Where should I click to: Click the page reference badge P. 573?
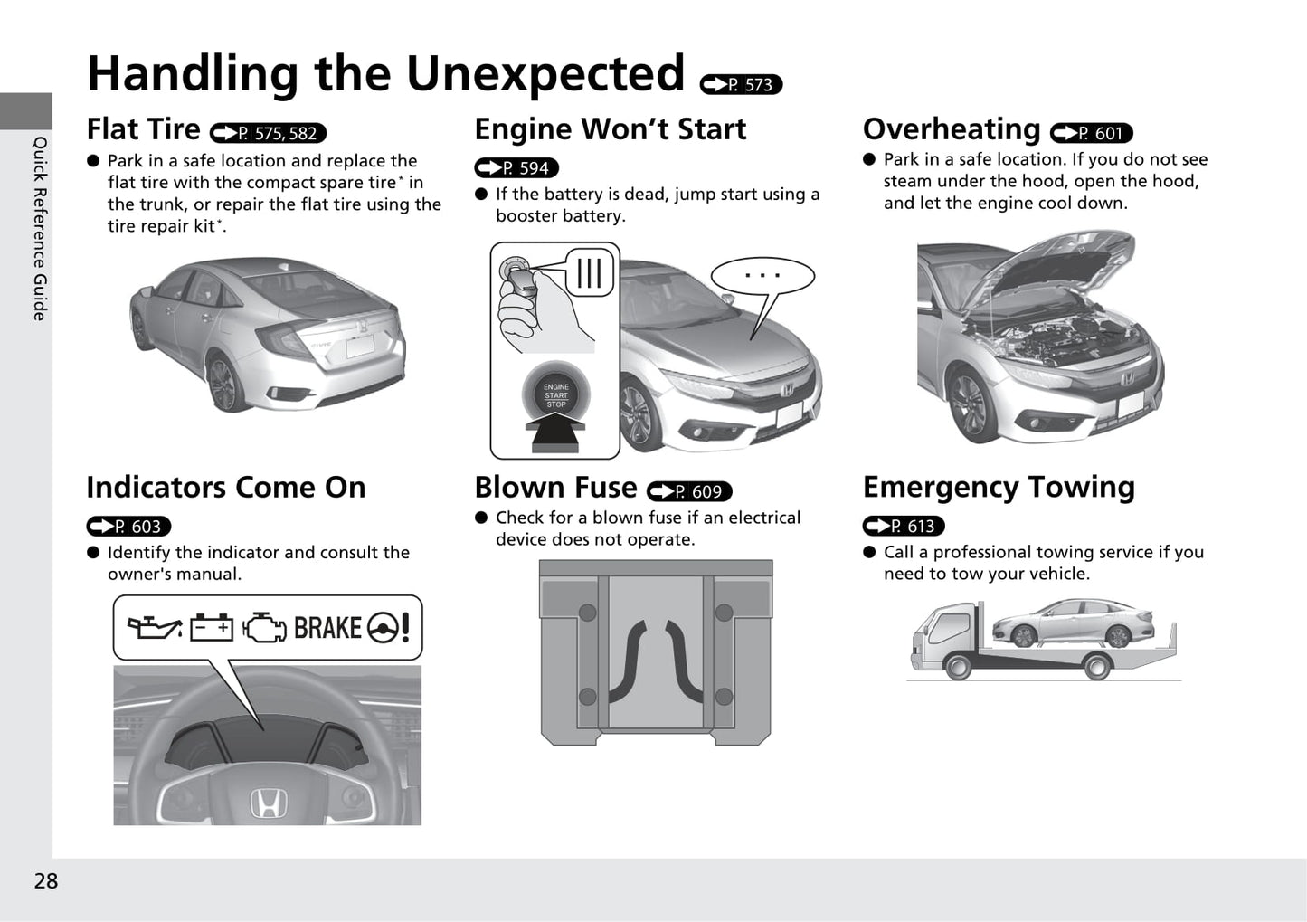tap(741, 84)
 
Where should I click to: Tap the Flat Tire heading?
tap(143, 129)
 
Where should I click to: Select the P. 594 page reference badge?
tap(516, 168)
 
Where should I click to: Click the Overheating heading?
tap(951, 129)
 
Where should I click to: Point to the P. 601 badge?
tap(1091, 134)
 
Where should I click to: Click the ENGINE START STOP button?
tap(555, 395)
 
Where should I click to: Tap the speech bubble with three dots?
tap(762, 276)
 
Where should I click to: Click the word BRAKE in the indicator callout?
tap(327, 627)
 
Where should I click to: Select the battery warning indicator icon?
tap(212, 627)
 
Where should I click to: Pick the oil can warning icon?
tap(154, 627)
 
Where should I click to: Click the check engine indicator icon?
tap(264, 627)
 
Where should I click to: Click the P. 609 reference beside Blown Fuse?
tap(689, 491)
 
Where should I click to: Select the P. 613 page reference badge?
tap(904, 526)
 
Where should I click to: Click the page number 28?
tap(45, 881)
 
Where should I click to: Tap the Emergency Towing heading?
tap(998, 487)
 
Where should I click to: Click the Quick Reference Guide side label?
tap(39, 228)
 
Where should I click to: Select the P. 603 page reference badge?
tap(128, 526)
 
